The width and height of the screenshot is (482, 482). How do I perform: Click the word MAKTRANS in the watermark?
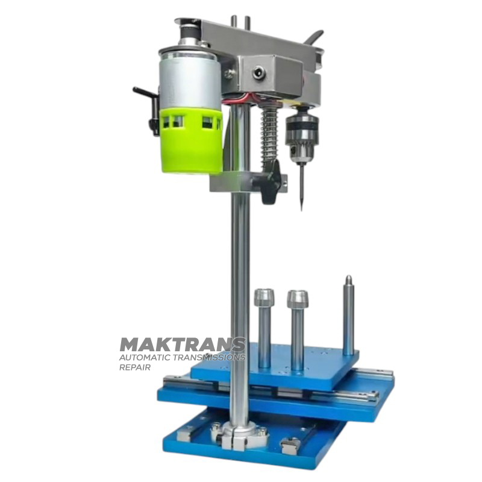tap(183, 345)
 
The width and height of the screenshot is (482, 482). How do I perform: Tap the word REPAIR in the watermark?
tap(135, 368)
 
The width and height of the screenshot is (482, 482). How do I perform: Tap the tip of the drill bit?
tap(302, 211)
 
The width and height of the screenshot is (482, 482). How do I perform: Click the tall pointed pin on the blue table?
tap(348, 315)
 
